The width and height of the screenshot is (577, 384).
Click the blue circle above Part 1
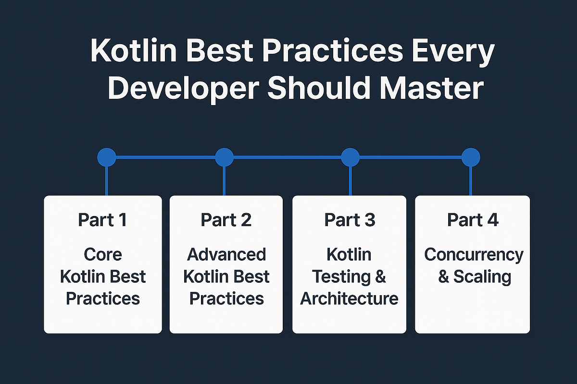point(106,157)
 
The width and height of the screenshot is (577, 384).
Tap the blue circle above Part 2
point(224,157)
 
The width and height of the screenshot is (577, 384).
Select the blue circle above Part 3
point(350,157)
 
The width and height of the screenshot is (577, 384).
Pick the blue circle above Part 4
point(471,157)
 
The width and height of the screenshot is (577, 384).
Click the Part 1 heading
point(102,220)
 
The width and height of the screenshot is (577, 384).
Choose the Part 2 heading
point(226,220)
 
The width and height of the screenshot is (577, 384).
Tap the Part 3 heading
point(349,220)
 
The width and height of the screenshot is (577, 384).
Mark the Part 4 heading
point(473,220)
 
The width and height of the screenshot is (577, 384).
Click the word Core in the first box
point(102,254)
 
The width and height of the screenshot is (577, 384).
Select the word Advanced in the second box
point(226,254)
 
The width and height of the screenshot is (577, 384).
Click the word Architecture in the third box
point(349,299)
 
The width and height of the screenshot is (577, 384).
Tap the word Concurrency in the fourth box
point(473,254)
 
